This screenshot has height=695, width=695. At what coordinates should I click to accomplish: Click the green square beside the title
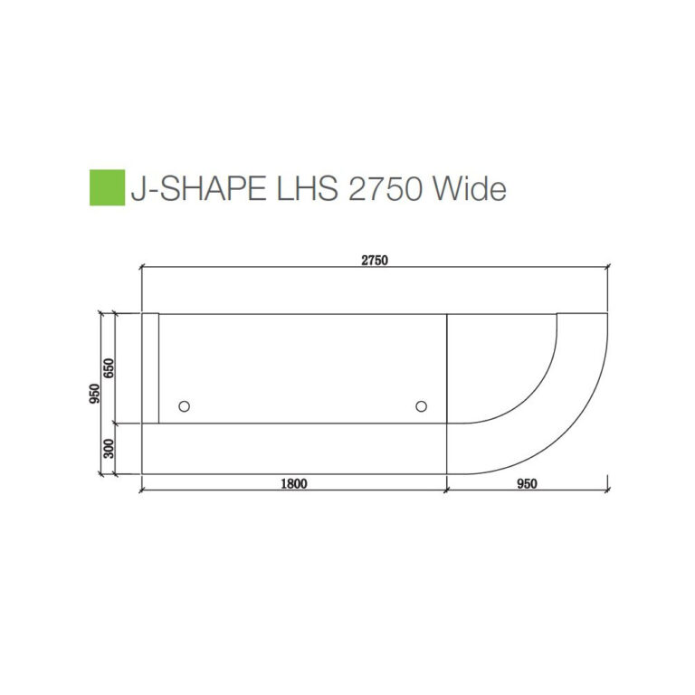pyautogui.click(x=107, y=187)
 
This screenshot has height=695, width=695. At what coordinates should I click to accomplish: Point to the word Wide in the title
pyautogui.click(x=468, y=188)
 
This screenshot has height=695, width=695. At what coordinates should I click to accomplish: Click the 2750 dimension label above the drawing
pyautogui.click(x=375, y=261)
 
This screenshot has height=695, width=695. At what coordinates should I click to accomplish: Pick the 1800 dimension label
pyautogui.click(x=294, y=484)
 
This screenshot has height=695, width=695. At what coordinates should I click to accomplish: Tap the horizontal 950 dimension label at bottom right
pyautogui.click(x=527, y=484)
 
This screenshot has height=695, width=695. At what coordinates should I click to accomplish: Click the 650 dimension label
pyautogui.click(x=109, y=367)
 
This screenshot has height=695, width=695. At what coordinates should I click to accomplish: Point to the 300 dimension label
pyautogui.click(x=109, y=448)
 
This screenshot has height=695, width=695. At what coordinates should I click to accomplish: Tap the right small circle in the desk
pyautogui.click(x=421, y=407)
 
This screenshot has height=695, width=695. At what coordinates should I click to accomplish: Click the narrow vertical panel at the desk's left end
pyautogui.click(x=150, y=367)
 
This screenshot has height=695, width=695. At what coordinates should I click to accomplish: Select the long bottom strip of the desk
pyautogui.click(x=294, y=448)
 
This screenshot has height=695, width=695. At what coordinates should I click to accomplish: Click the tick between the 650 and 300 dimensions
pyautogui.click(x=114, y=423)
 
